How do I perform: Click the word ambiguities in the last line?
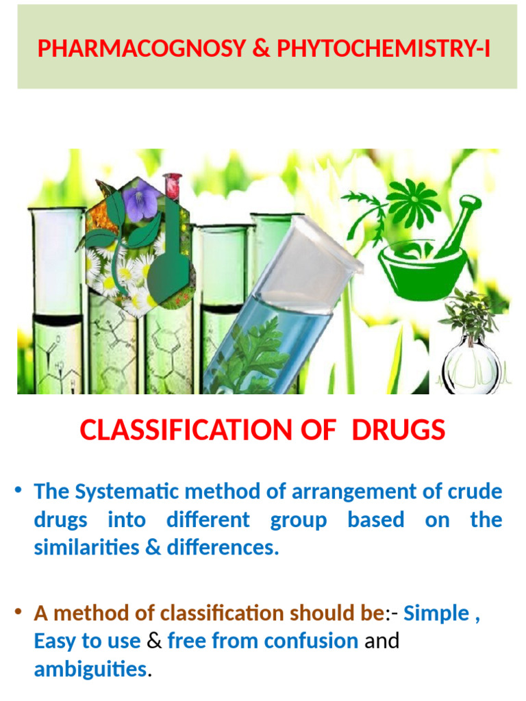coord(90,669)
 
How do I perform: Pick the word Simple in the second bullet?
coord(436,613)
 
